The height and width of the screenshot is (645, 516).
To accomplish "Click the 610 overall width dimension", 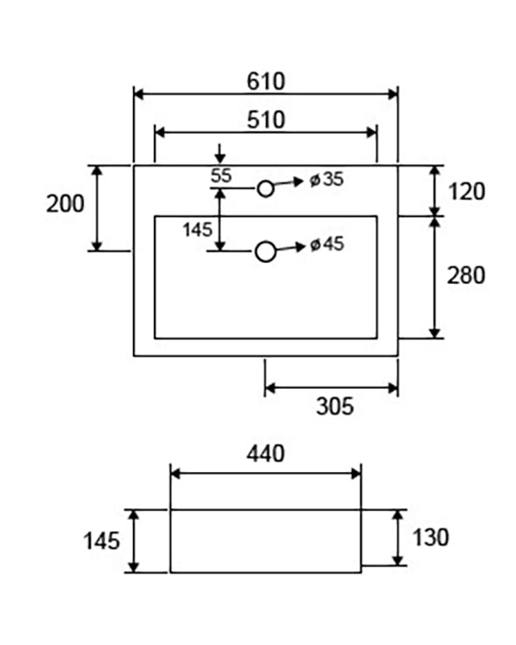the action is click(x=266, y=81).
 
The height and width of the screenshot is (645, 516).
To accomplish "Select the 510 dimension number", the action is click(x=266, y=119).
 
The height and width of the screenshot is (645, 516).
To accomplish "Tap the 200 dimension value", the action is click(x=65, y=204).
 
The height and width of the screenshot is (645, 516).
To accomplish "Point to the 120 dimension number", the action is click(x=466, y=192).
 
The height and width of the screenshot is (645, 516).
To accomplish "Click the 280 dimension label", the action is click(x=465, y=275).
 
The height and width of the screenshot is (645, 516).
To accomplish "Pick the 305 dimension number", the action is click(x=335, y=406).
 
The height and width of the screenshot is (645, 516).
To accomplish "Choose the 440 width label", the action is click(x=266, y=454).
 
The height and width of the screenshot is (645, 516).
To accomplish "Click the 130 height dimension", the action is click(x=430, y=538).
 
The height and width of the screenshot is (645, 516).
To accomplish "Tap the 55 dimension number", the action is click(x=221, y=176).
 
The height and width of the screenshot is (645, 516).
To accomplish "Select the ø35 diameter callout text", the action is click(x=327, y=180).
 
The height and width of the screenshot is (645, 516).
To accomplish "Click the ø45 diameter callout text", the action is click(x=327, y=245).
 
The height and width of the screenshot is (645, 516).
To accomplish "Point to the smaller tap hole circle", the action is click(x=266, y=189).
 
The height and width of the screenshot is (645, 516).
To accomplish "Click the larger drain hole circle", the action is click(x=266, y=251).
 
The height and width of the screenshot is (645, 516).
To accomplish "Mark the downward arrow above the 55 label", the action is click(x=221, y=154).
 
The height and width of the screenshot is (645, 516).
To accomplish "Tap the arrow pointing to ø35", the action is click(x=289, y=183).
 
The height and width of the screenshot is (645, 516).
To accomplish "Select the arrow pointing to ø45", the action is click(x=290, y=247).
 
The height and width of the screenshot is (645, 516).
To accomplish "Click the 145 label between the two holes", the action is click(x=198, y=230).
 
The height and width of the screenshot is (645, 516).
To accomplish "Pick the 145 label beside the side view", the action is click(x=101, y=541).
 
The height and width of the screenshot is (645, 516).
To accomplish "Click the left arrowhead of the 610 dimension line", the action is click(x=139, y=95).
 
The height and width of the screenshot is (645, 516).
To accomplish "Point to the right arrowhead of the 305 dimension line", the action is click(x=393, y=388).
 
